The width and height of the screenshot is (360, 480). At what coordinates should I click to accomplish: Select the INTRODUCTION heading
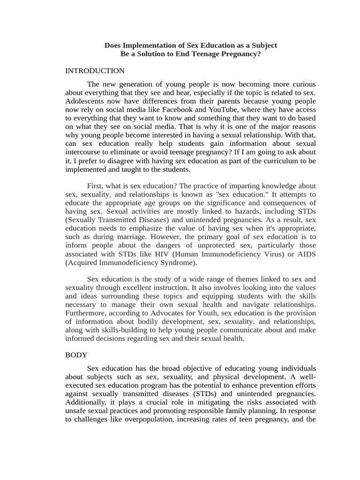pos(95,71)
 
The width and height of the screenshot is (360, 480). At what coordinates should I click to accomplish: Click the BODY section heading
pos(76,355)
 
